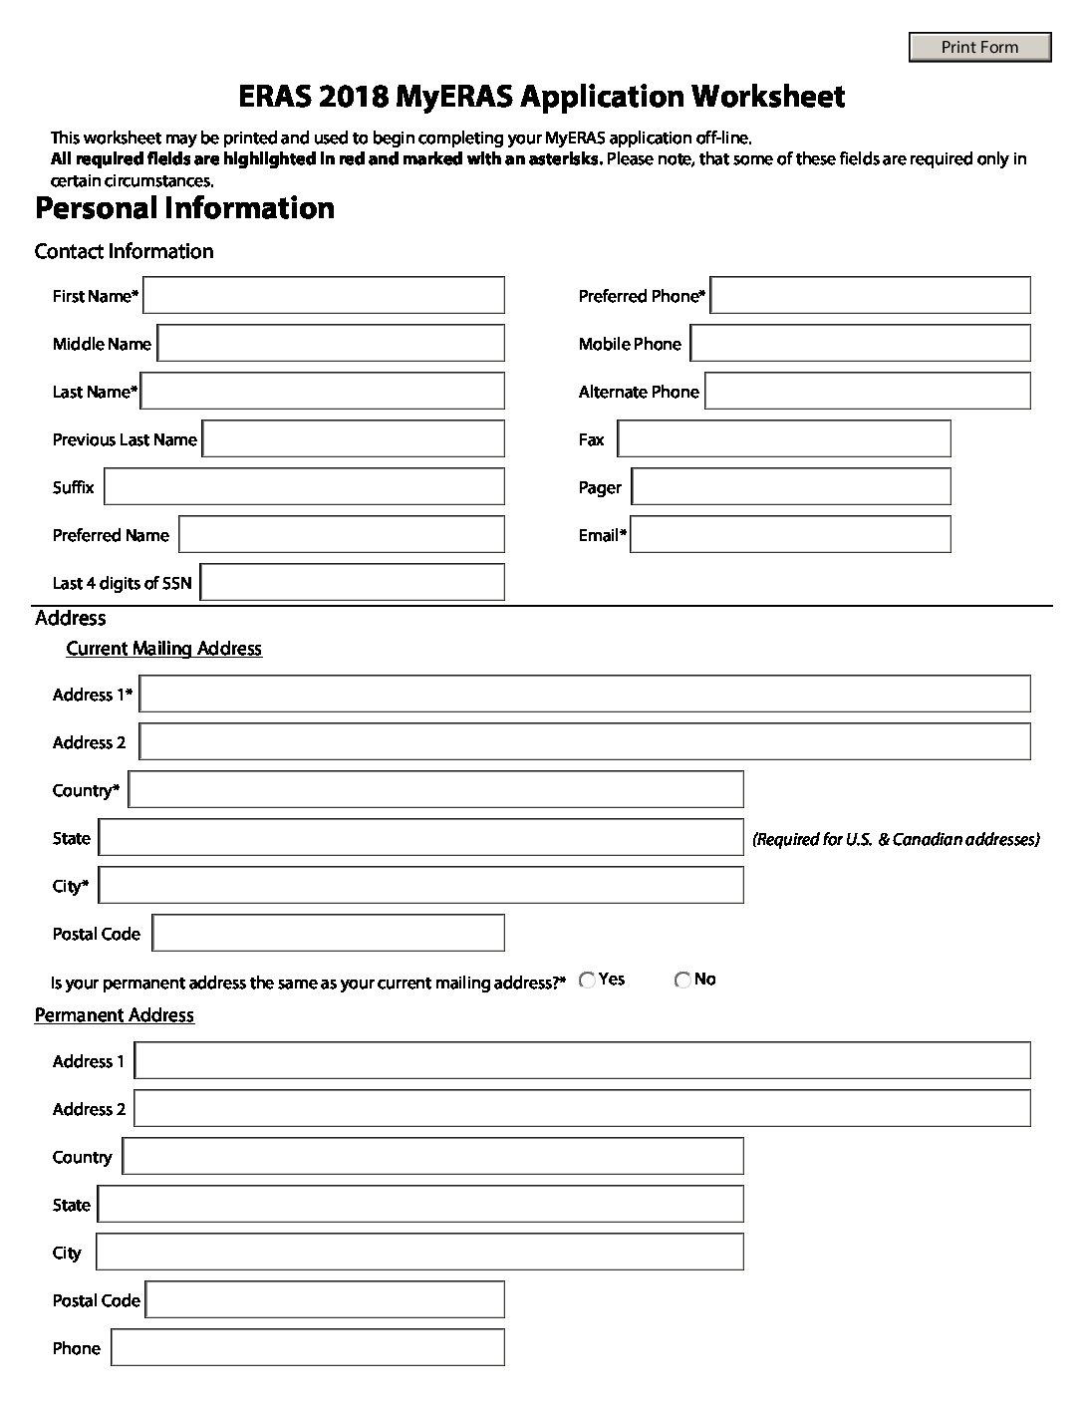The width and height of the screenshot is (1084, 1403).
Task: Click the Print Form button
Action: pos(979,47)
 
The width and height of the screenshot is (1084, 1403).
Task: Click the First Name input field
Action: pos(324,296)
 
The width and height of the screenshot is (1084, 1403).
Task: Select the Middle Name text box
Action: pos(331,344)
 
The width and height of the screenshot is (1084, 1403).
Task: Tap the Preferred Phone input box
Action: pos(870,296)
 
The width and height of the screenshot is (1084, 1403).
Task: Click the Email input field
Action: pos(790,535)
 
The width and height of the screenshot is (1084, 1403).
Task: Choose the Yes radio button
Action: pos(588,981)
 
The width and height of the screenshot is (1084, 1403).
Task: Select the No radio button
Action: pos(682,981)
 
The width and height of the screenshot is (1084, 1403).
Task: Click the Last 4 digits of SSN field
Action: pos(353,583)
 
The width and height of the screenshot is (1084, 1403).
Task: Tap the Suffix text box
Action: pos(304,487)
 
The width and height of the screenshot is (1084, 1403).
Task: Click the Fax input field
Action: pos(784,439)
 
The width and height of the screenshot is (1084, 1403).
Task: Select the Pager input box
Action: pos(791,487)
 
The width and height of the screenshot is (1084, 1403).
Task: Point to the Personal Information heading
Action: pos(184,208)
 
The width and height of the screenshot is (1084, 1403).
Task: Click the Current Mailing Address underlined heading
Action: pos(163,649)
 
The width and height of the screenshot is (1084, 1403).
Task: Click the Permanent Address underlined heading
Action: pos(115,1015)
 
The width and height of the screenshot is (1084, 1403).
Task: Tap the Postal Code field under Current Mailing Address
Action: pos(329,934)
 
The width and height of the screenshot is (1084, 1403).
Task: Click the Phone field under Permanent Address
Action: pos(308,1348)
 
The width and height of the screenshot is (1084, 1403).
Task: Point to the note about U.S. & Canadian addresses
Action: pos(896,839)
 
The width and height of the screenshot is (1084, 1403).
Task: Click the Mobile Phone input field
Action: pos(860,344)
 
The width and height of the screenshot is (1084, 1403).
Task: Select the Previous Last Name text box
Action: pos(354,439)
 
